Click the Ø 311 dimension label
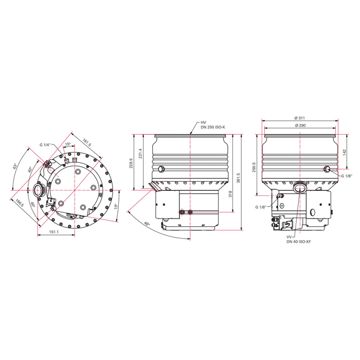pos(300,118)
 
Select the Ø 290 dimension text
pos(300,125)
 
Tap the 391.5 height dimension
pos(238,178)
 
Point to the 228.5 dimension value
pos(131,163)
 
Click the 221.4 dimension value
pos(140,153)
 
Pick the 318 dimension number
pos(230,194)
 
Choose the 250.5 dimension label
pos(254,167)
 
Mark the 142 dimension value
pos(344,152)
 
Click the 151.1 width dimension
pos(53,232)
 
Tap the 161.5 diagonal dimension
pos(87,142)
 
